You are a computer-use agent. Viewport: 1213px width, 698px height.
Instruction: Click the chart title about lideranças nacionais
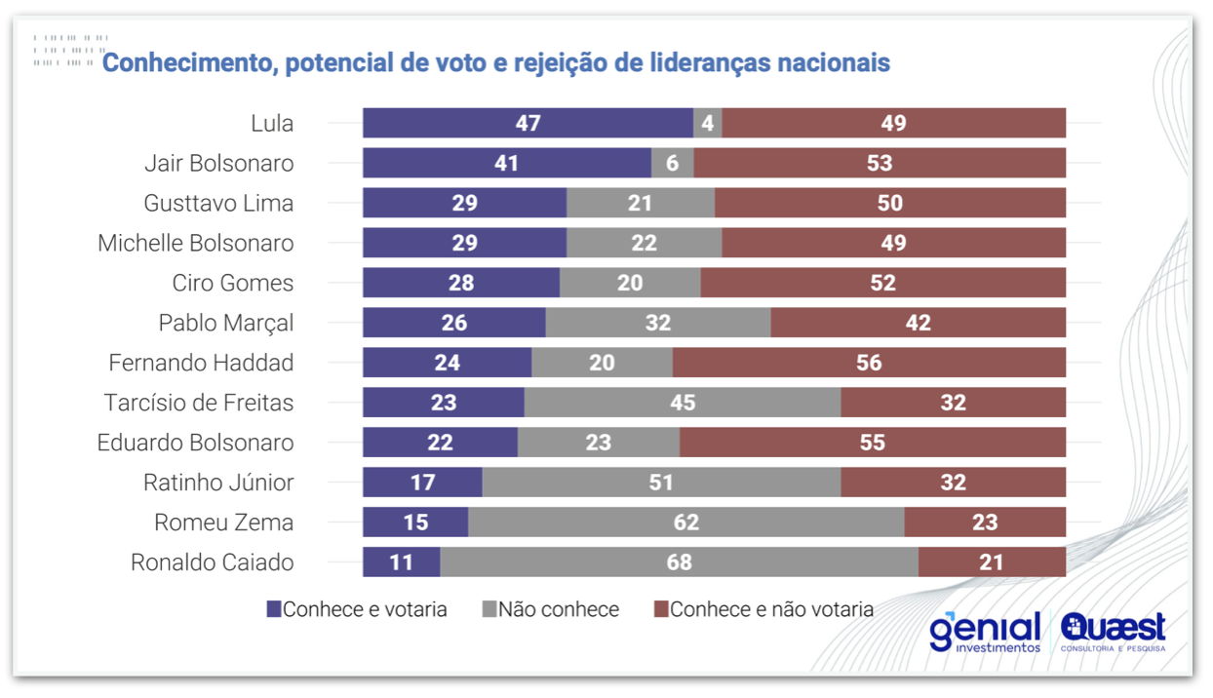495,62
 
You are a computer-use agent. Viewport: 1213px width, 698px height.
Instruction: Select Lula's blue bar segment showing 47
528,123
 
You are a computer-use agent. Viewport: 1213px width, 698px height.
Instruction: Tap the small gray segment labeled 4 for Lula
708,123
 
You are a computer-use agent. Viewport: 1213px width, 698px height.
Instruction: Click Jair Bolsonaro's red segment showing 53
880,163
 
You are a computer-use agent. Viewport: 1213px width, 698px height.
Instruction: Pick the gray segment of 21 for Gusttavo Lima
641,203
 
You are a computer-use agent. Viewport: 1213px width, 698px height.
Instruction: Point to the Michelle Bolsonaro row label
195,243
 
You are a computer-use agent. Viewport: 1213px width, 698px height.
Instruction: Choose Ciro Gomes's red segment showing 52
882,283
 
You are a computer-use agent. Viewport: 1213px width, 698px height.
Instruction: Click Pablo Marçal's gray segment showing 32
658,323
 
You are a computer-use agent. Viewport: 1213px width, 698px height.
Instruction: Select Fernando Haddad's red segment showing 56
869,363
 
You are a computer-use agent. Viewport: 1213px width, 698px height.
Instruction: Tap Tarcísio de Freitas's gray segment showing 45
683,403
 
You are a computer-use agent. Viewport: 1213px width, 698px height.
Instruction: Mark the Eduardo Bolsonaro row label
195,443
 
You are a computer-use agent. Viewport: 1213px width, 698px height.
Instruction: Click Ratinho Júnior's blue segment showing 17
422,483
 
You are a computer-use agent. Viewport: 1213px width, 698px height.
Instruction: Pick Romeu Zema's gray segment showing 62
686,523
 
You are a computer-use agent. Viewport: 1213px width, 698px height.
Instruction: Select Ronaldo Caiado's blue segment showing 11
402,562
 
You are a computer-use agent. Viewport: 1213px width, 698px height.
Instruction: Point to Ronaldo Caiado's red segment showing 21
992,562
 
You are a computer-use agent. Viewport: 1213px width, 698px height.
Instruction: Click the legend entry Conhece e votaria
357,609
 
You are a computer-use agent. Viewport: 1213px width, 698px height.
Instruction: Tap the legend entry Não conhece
551,609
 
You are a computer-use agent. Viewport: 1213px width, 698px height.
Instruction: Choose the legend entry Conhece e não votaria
763,609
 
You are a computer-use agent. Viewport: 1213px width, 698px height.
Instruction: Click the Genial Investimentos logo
985,632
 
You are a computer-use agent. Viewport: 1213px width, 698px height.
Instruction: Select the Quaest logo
1113,632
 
